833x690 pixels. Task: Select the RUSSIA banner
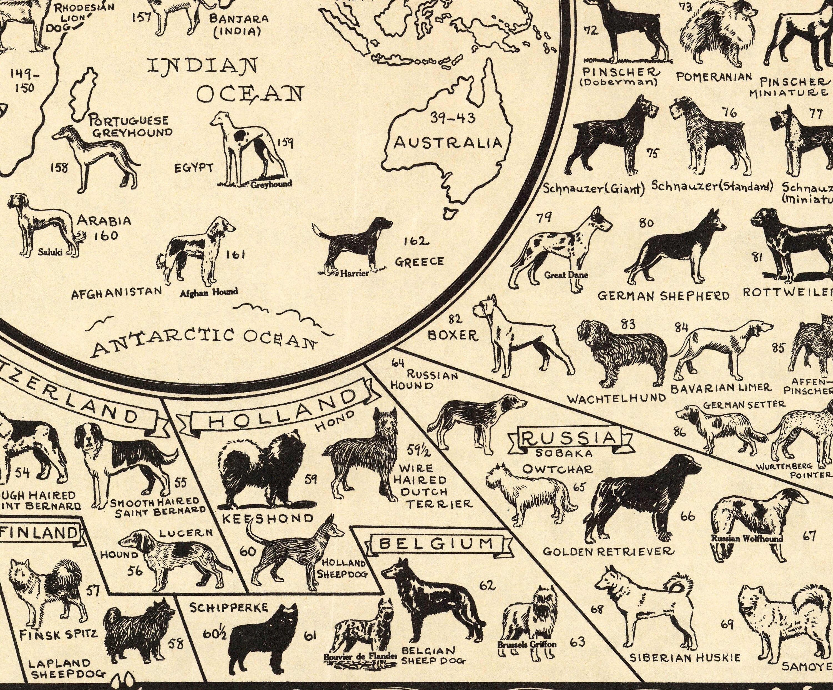pyautogui.click(x=569, y=438)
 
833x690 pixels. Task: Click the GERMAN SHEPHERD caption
pyautogui.click(x=663, y=296)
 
